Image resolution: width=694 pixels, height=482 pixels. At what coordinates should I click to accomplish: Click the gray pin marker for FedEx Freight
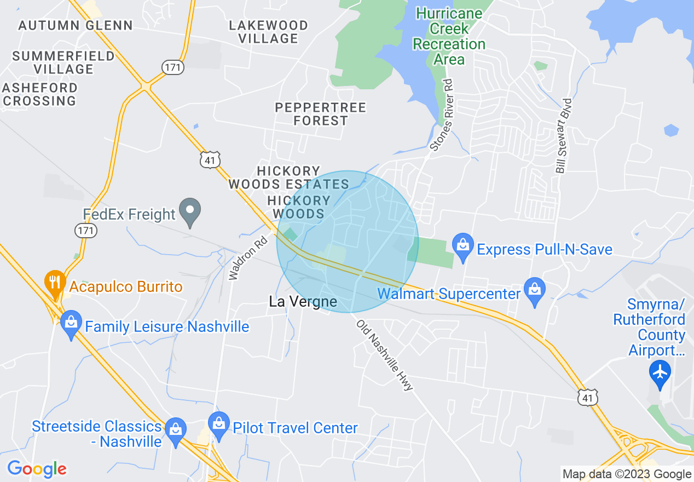tap(190, 212)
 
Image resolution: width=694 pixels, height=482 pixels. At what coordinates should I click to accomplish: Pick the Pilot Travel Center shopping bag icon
tap(219, 426)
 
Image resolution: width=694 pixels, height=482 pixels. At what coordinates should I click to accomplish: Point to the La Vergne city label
tap(303, 302)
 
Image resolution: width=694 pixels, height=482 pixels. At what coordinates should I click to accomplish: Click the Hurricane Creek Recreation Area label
tap(449, 36)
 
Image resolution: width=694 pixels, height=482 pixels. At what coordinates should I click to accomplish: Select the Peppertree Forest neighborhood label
tap(320, 114)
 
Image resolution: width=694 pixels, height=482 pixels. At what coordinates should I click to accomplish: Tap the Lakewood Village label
tap(268, 32)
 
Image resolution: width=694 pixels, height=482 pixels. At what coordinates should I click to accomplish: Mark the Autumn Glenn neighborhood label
tap(76, 25)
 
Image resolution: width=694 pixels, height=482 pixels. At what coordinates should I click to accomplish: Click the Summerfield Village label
tap(63, 62)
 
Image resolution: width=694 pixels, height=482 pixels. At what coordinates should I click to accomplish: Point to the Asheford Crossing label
tap(39, 94)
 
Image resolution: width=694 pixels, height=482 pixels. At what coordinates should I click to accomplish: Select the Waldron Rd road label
tap(249, 258)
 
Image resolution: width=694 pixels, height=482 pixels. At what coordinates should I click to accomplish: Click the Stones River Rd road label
tap(443, 115)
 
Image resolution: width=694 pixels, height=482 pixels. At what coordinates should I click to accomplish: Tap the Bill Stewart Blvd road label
tap(564, 136)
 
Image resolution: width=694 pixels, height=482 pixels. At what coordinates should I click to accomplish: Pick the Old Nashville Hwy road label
tap(384, 355)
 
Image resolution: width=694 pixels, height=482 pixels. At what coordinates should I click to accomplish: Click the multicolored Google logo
tap(37, 469)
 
